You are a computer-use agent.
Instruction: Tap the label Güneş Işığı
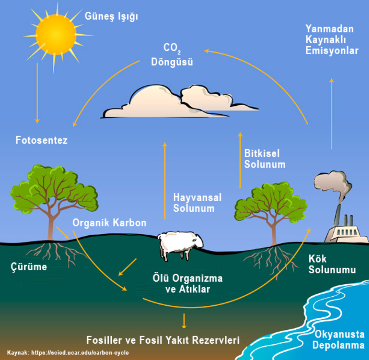click(111, 16)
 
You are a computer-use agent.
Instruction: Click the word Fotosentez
click(41, 140)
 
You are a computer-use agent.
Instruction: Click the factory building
click(344, 232)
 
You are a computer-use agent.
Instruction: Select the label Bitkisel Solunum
click(265, 159)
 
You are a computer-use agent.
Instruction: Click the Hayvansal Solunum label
click(197, 203)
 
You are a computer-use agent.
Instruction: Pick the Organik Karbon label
click(109, 223)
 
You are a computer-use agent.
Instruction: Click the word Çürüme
click(28, 267)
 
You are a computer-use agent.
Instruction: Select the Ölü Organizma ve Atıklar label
click(187, 284)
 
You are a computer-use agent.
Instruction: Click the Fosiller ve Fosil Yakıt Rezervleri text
click(163, 340)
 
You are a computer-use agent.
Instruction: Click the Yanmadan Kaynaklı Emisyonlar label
click(332, 39)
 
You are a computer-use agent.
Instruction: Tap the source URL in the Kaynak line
click(80, 353)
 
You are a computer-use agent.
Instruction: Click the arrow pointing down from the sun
click(37, 93)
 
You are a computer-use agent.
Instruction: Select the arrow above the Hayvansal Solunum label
click(164, 180)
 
